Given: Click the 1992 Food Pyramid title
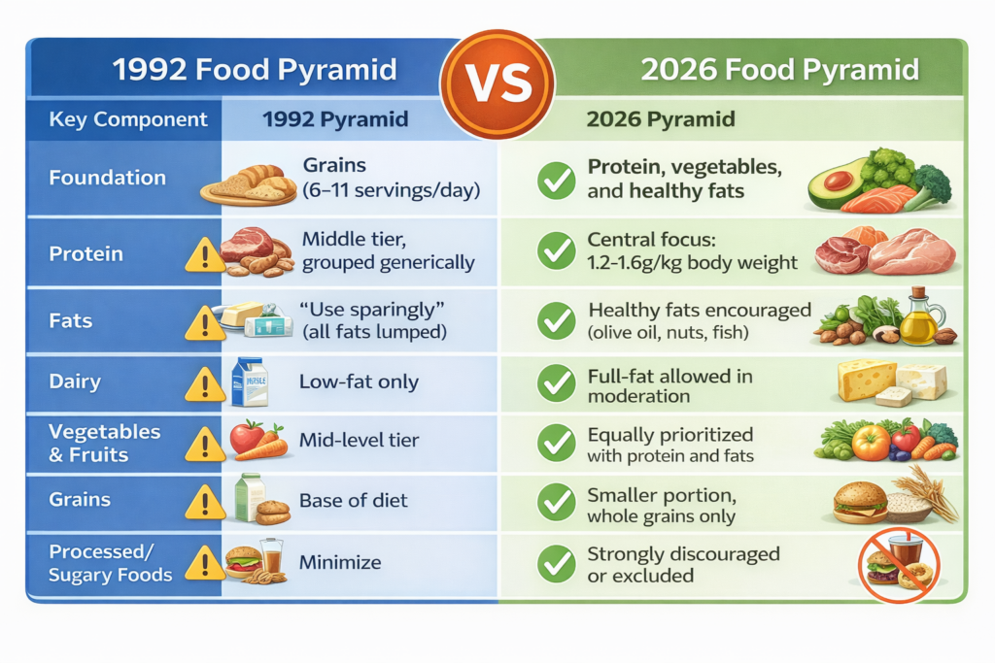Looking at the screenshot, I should coord(255,70).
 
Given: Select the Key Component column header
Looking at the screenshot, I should coord(128,120).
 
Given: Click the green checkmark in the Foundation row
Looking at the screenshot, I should coord(557,181).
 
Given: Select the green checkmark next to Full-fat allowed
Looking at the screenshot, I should coord(557,384).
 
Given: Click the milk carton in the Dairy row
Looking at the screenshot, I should coord(249,381).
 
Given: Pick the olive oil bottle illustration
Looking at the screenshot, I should coord(917,319).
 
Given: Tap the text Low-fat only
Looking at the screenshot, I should coord(360,381).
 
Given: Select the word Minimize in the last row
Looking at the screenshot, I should coord(340,562).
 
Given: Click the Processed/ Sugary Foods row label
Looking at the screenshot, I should coord(111,563).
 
